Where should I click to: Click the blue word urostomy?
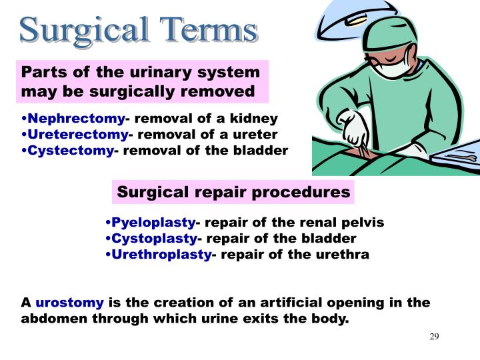[x=69, y=303]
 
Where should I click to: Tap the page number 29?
[x=434, y=336]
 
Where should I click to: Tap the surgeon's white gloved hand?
[x=351, y=127]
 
